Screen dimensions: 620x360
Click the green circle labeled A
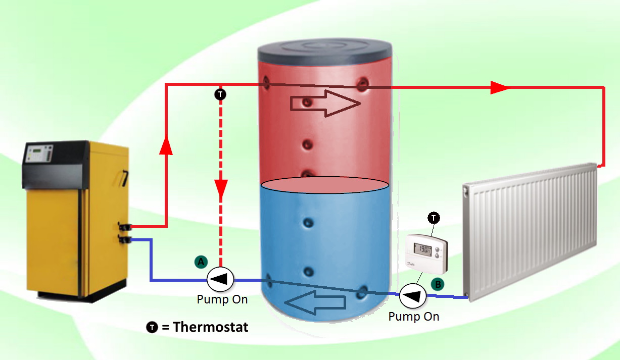201,262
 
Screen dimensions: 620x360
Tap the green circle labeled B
438,284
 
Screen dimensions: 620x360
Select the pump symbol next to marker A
220,279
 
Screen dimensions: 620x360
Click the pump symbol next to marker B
413,296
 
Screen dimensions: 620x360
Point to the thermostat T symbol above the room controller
434,218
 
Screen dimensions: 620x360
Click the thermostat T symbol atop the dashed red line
220,94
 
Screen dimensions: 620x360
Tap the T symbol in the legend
152,327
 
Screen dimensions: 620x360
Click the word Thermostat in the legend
211,327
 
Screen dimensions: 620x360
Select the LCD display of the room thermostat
422,249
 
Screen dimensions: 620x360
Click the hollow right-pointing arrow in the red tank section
325,104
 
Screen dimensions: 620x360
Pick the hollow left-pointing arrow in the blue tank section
315,302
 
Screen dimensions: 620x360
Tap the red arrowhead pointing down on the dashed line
221,188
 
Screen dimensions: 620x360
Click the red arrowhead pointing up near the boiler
166,145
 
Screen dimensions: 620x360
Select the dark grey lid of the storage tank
325,53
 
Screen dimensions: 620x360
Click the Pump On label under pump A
222,299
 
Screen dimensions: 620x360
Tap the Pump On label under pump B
414,317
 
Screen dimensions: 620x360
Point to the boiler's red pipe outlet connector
125,227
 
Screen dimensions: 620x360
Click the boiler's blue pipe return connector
125,239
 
